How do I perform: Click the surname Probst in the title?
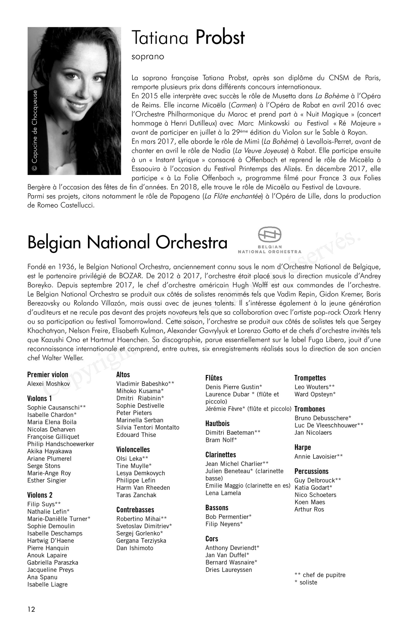220,38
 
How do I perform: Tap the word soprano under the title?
148,57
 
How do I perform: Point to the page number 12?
31,609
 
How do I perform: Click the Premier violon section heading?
48,375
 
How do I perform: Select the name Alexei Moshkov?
48,384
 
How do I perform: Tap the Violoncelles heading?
133,450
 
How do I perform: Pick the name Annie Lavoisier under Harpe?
319,457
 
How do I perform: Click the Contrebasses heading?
135,510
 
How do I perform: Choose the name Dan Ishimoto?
135,548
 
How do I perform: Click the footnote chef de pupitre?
320,575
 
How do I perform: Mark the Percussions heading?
311,471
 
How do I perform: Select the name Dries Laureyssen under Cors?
228,570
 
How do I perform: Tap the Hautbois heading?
217,423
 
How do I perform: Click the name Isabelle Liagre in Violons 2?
47,584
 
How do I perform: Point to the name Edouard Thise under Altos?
136,435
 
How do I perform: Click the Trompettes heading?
310,378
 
